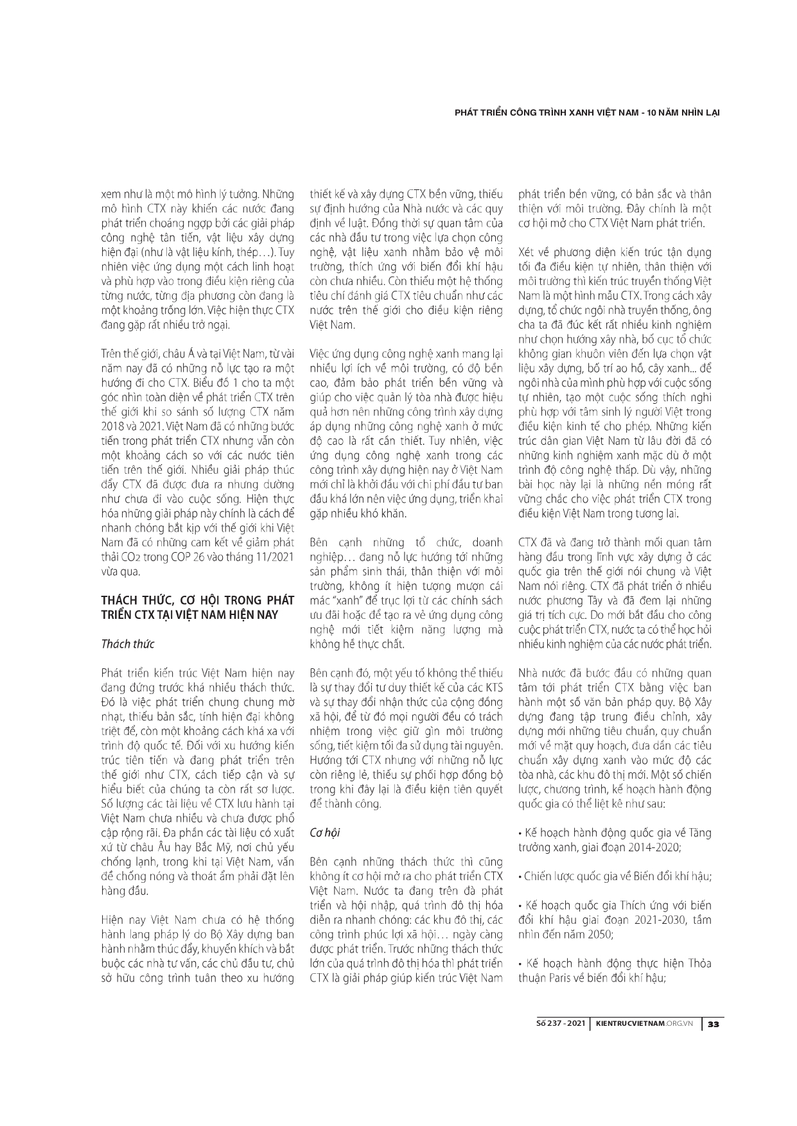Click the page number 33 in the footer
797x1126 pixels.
click(712, 1024)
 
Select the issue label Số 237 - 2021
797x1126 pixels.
click(560, 1024)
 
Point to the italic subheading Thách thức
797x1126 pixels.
click(128, 644)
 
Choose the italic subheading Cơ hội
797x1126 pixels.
click(325, 832)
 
